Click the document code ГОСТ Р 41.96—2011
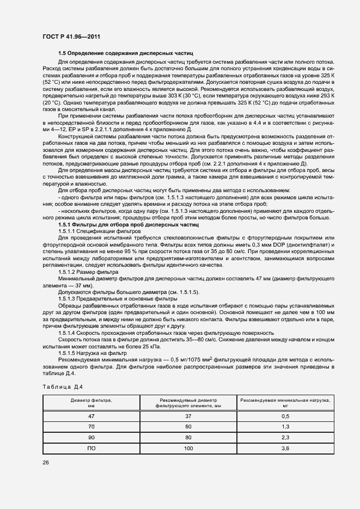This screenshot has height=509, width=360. [x=70, y=36]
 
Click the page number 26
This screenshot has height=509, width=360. [x=44, y=462]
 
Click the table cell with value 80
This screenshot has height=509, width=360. [x=188, y=437]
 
